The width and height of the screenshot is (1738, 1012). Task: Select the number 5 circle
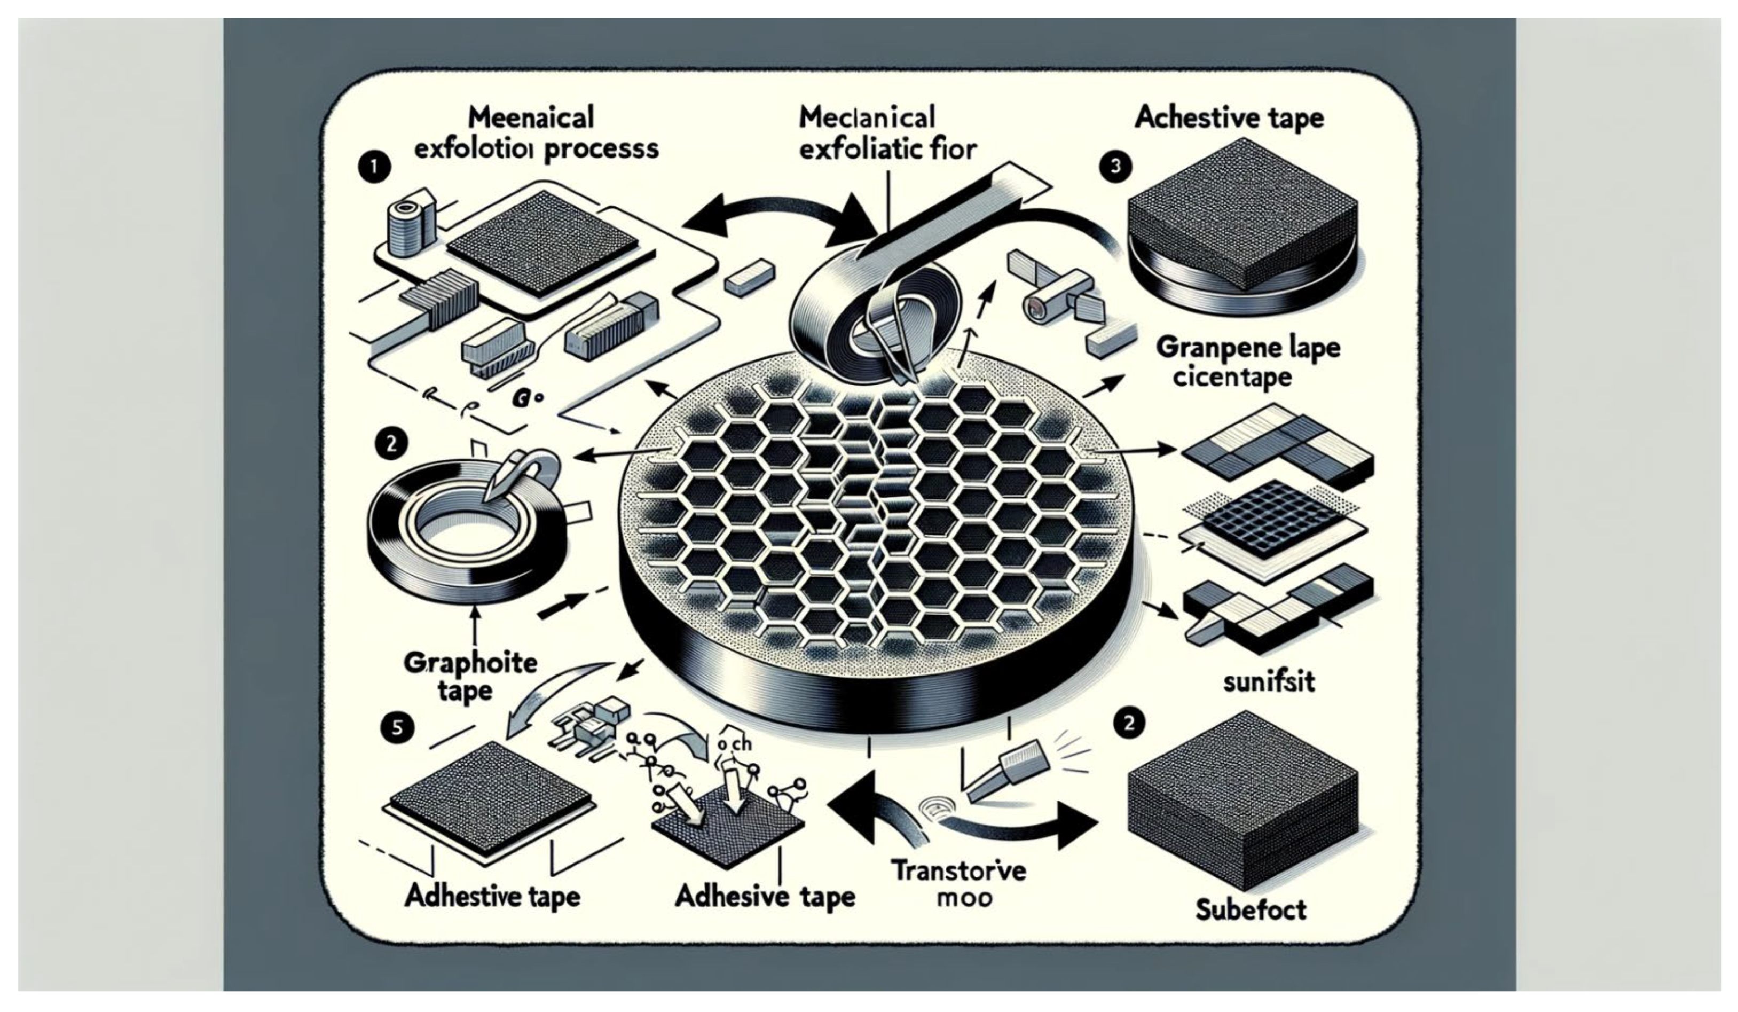point(396,729)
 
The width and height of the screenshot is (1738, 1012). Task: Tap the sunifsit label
point(1268,682)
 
